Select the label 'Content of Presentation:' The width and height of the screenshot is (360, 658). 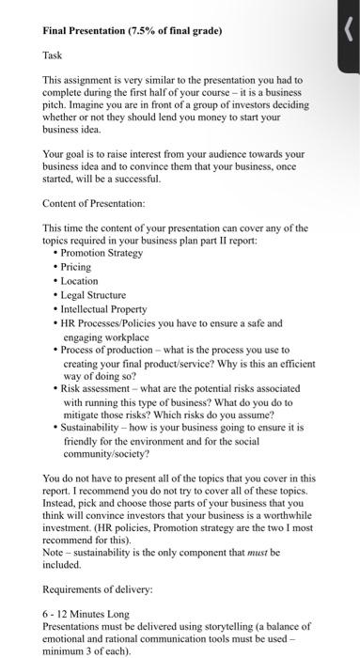94,202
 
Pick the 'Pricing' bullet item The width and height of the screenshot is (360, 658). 77,268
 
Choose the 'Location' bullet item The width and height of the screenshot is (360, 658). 81,281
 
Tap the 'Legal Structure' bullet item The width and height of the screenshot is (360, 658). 94,295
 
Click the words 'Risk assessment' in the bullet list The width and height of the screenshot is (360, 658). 97,386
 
